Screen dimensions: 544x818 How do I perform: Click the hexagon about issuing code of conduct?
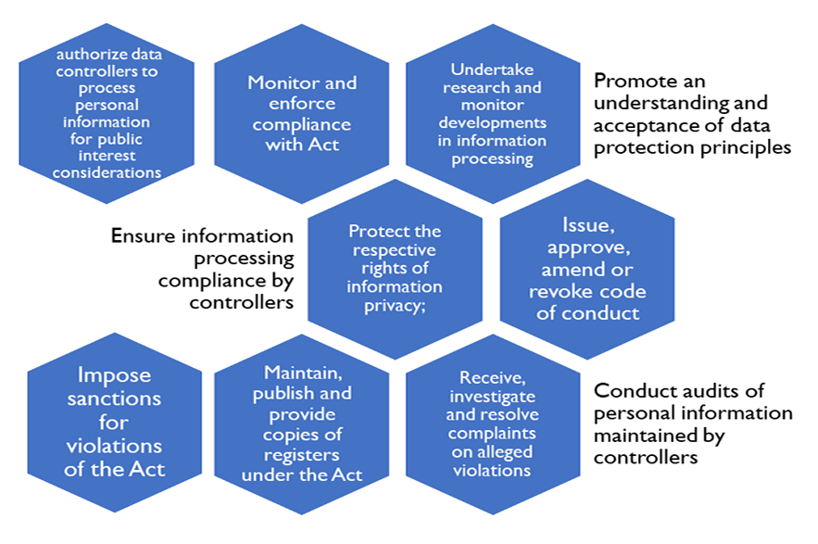pyautogui.click(x=586, y=269)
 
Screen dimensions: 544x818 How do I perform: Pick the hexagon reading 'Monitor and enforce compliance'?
pyautogui.click(x=302, y=114)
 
